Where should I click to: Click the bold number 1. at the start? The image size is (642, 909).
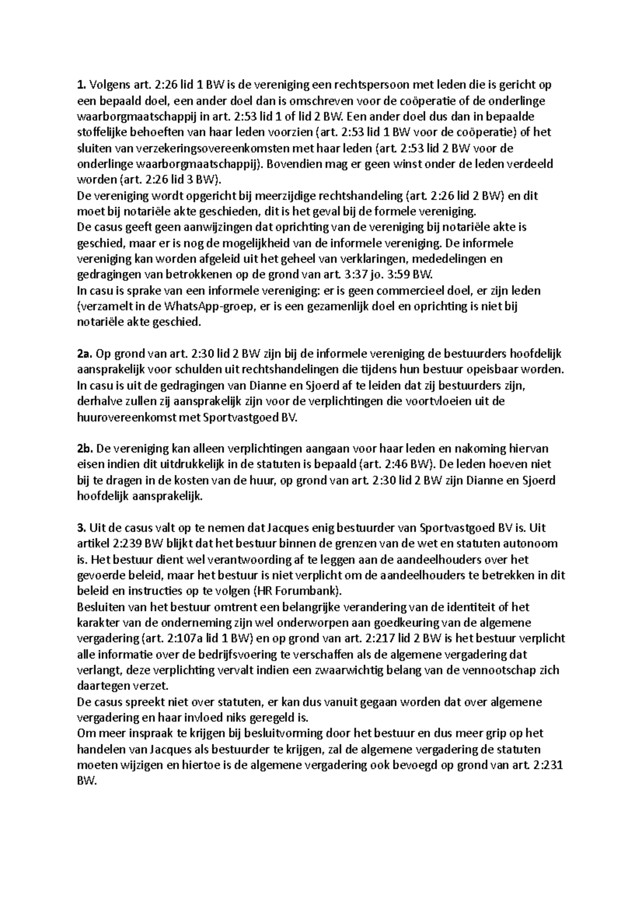81,85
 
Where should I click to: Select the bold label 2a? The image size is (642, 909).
85,353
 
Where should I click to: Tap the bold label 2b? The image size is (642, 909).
85,449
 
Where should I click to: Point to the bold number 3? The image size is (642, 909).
81,528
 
